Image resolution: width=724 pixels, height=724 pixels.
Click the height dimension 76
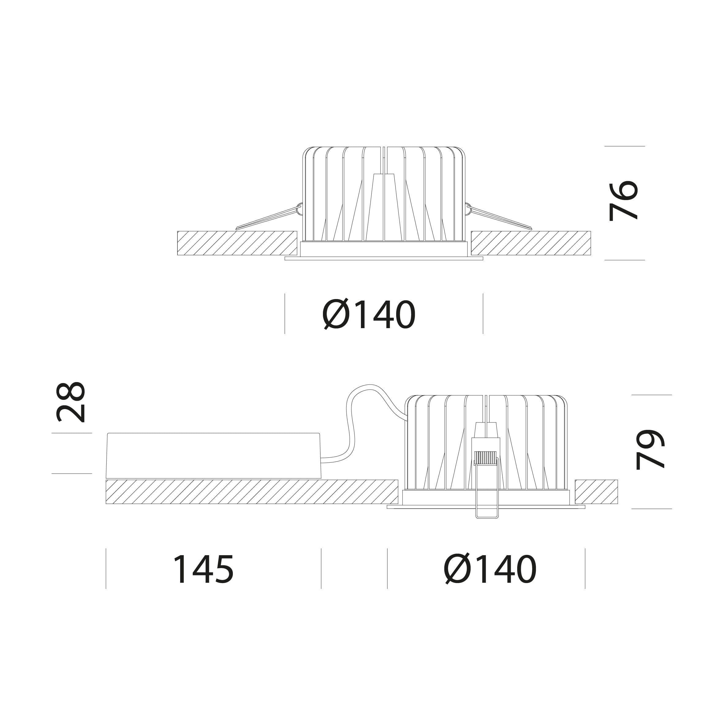coord(623,201)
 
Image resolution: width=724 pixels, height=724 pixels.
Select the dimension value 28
coord(70,402)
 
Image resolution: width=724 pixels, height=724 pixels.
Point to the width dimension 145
coord(203,569)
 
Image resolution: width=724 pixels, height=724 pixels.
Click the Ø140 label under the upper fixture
coord(369,314)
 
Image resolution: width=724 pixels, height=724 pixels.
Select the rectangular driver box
coord(214,456)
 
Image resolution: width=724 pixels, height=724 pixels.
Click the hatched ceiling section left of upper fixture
coord(237,243)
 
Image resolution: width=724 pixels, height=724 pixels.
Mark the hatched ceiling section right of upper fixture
coord(531,243)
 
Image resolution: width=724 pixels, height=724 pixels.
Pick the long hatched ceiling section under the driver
coord(252,492)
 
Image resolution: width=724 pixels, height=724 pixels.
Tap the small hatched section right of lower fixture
coord(596,492)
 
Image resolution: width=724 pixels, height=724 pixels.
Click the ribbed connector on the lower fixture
coord(486,458)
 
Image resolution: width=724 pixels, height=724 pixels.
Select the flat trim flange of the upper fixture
coord(384,259)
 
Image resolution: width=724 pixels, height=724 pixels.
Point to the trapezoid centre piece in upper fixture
coord(384,207)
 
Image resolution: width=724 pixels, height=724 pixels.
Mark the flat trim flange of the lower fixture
coord(486,507)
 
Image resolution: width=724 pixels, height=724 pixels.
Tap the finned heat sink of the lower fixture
coord(486,442)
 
